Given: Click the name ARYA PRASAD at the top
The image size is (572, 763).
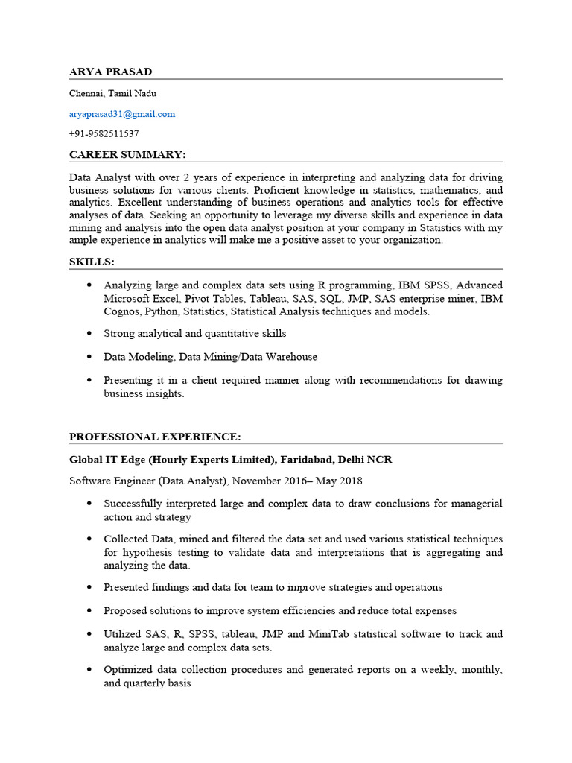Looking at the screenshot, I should click(x=110, y=72).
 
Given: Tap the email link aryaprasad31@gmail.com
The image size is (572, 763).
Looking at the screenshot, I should click(x=122, y=114).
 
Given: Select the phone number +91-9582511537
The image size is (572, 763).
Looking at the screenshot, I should click(x=104, y=134).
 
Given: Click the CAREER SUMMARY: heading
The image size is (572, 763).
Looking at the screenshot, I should click(x=127, y=154).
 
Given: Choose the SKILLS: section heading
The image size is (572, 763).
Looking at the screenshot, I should click(x=92, y=262).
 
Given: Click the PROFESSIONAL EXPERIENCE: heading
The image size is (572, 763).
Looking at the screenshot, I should click(x=155, y=437).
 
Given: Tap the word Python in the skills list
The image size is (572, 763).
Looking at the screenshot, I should click(x=162, y=311).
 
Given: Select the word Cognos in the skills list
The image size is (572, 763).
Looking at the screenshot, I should click(x=121, y=311).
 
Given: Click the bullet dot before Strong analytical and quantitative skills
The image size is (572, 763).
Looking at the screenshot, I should click(x=89, y=334).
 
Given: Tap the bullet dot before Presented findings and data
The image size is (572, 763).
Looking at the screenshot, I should click(x=89, y=587).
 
